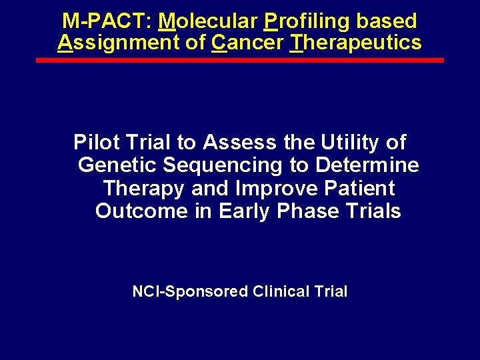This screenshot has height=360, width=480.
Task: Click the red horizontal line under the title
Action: pos(239,60)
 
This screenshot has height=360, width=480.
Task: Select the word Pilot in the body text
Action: pos(93,142)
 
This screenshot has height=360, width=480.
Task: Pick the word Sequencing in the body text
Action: pos(231,165)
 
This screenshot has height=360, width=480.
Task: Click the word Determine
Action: pos(368,165)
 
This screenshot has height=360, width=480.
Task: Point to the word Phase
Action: pos(305,211)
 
